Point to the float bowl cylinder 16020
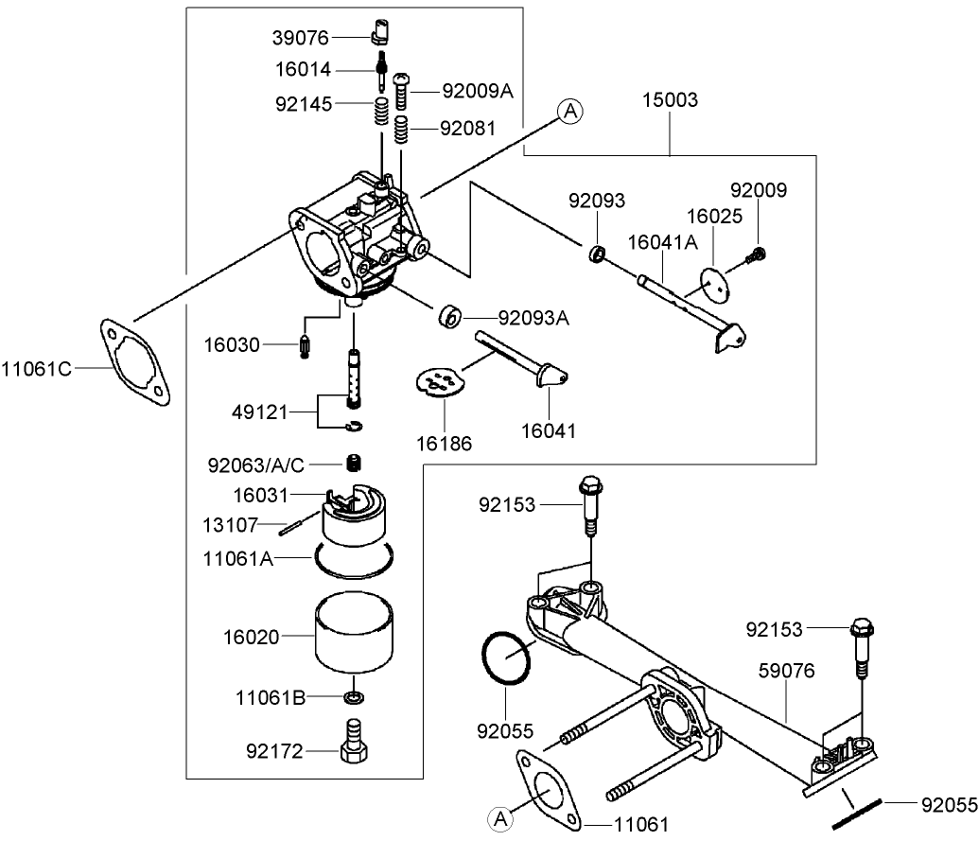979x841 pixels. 356,631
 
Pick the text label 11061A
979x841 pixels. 237,559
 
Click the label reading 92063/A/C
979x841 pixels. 255,464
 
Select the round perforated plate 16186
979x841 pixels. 441,381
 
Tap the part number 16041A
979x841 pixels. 662,243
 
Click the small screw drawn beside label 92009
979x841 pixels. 757,253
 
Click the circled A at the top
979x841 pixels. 569,111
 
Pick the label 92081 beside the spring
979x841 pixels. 467,129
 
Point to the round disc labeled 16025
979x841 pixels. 715,286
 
